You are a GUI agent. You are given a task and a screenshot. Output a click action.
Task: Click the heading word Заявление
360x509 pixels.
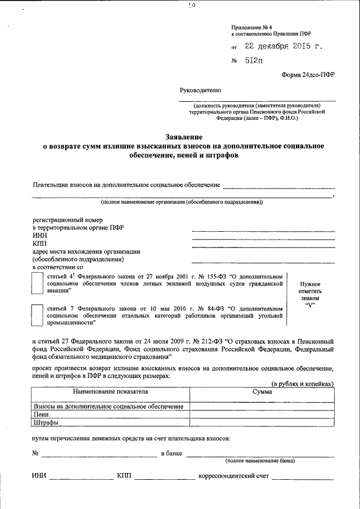click(x=184, y=137)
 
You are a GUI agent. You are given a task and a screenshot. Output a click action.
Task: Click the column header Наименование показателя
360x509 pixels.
click(x=110, y=392)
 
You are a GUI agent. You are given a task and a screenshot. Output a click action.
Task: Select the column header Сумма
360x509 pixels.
click(x=262, y=392)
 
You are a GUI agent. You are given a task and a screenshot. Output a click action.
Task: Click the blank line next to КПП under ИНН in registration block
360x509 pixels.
click(x=263, y=244)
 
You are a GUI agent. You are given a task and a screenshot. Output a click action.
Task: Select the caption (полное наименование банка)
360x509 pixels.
click(x=260, y=461)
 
